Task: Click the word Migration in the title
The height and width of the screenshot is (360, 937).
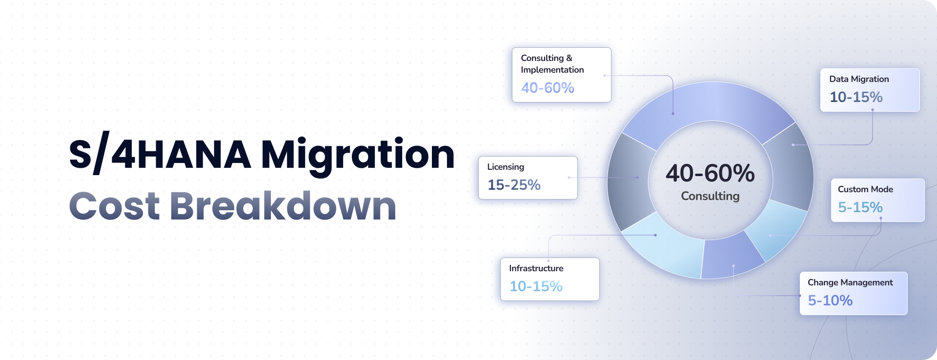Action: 358,156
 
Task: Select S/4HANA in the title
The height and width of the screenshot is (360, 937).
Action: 160,154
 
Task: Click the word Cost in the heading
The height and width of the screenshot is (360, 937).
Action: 115,206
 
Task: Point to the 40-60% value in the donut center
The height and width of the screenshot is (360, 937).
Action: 710,173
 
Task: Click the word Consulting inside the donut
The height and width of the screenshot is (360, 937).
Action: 710,196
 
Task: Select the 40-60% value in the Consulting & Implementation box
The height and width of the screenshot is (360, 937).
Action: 548,88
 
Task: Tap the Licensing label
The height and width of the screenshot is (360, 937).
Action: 506,167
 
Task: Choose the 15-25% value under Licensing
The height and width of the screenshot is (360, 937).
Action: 514,185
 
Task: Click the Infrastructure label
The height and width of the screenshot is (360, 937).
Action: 536,268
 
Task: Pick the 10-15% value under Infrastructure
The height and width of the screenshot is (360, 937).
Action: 536,286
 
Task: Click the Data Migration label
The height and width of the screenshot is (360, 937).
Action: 859,79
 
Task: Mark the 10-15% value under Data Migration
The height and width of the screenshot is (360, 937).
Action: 856,97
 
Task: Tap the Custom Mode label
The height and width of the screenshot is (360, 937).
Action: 865,189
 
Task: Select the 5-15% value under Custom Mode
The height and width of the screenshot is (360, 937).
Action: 860,207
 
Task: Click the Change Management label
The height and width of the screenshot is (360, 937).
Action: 850,282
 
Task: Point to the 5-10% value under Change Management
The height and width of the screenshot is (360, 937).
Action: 830,300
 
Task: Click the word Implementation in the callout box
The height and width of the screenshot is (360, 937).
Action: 552,70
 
